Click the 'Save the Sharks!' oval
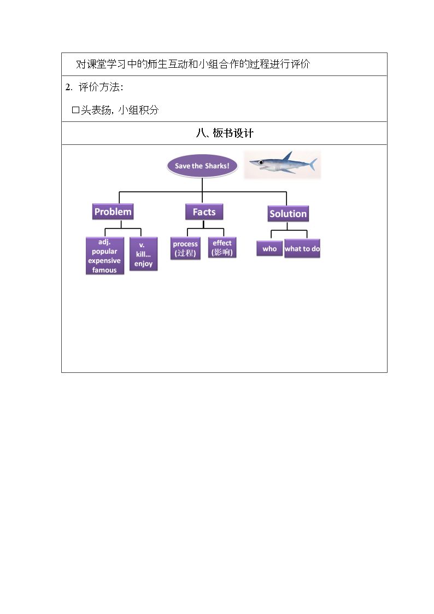(202, 166)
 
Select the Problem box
(113, 212)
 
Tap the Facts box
(204, 212)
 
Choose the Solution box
(288, 214)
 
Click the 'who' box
(269, 249)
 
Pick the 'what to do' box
(302, 249)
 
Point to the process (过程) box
(185, 248)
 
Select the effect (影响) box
(222, 248)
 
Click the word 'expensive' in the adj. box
(104, 261)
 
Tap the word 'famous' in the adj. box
(104, 270)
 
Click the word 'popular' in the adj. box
(104, 252)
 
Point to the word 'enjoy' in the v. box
(143, 264)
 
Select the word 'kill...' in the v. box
(143, 254)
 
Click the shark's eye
(260, 162)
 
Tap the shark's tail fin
(312, 165)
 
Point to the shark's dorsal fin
(288, 156)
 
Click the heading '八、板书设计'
(225, 133)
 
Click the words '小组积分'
(138, 110)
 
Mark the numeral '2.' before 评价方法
(69, 87)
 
